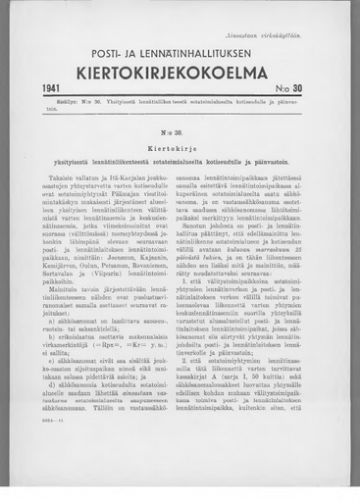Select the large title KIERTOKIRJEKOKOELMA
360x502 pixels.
tap(180, 71)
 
